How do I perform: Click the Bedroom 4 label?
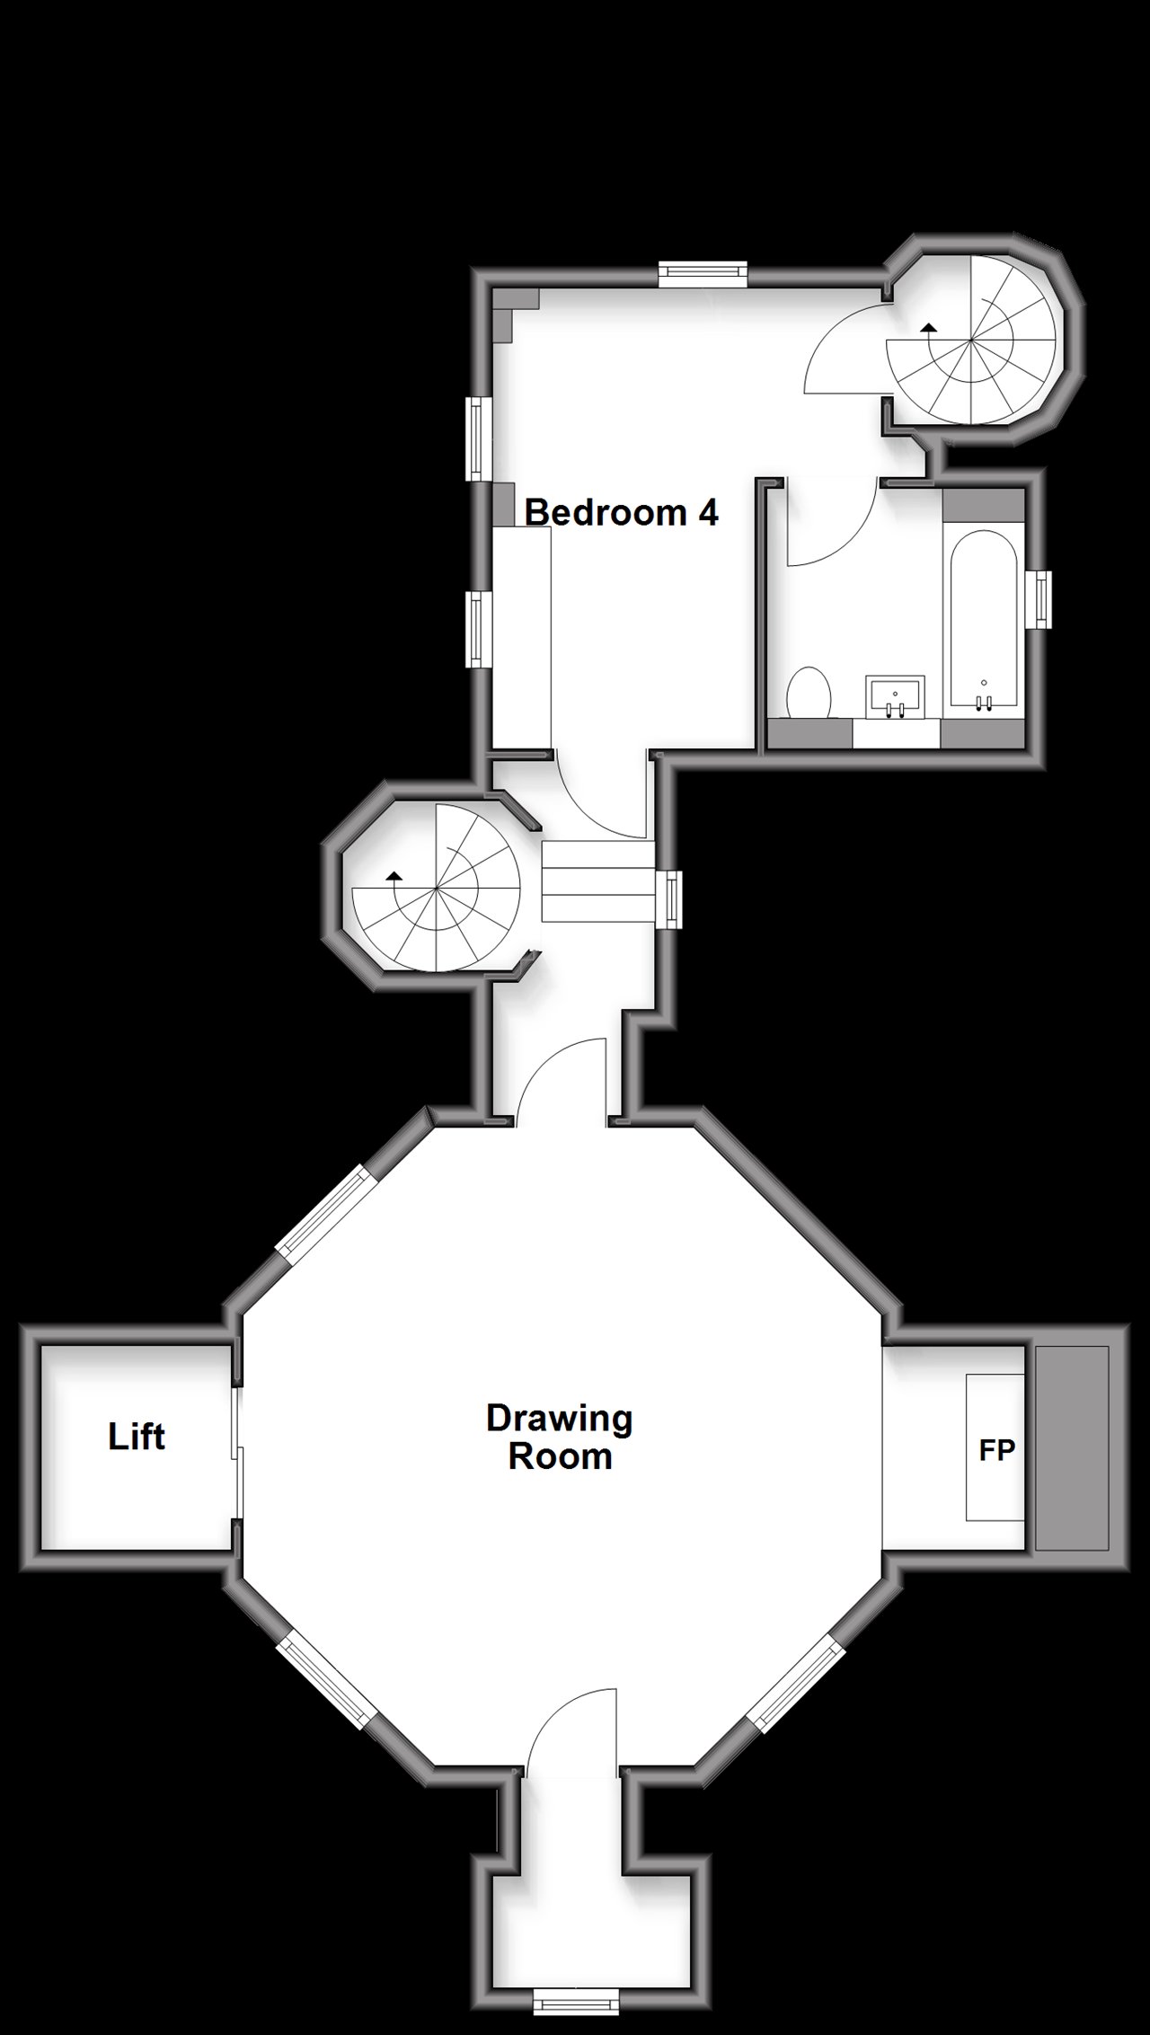pos(621,512)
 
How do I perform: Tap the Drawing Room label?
pos(560,1437)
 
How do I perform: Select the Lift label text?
pos(137,1437)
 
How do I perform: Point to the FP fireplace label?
pos(996,1449)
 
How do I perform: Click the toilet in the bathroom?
pos(809,693)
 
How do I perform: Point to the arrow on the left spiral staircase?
pos(393,874)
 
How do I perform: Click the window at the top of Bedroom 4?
pos(703,273)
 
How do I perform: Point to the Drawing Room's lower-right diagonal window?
pos(798,1681)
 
